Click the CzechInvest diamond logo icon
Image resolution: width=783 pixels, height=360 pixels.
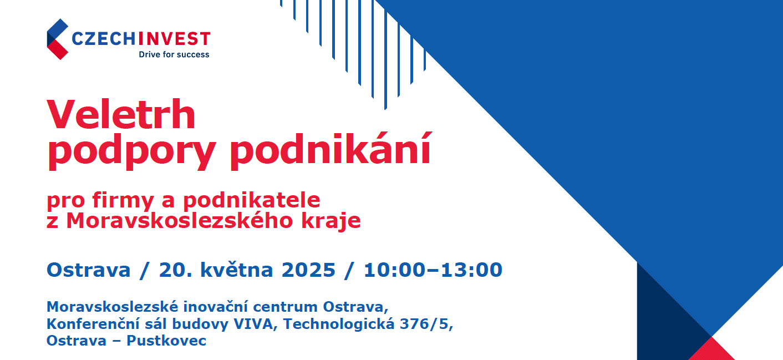point(58,39)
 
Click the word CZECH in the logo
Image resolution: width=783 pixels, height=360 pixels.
point(104,39)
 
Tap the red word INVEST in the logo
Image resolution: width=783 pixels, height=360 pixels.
point(174,39)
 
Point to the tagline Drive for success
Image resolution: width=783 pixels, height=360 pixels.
point(174,54)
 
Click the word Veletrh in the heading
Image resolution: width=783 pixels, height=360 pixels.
point(121,114)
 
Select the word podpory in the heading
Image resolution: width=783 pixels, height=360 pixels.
point(131,151)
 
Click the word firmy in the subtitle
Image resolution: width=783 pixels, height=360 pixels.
point(123,201)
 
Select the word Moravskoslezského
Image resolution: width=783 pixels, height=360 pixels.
point(179,220)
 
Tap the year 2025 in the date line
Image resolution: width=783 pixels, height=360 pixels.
point(308,270)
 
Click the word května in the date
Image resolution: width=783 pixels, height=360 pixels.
point(236,270)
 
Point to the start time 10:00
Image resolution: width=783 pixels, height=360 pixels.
point(395,270)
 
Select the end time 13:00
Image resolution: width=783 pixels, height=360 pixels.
point(471,270)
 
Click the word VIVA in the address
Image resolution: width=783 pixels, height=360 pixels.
point(253,324)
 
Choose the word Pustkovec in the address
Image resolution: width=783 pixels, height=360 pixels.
point(166,341)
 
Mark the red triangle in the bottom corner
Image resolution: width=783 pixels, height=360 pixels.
point(711,350)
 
